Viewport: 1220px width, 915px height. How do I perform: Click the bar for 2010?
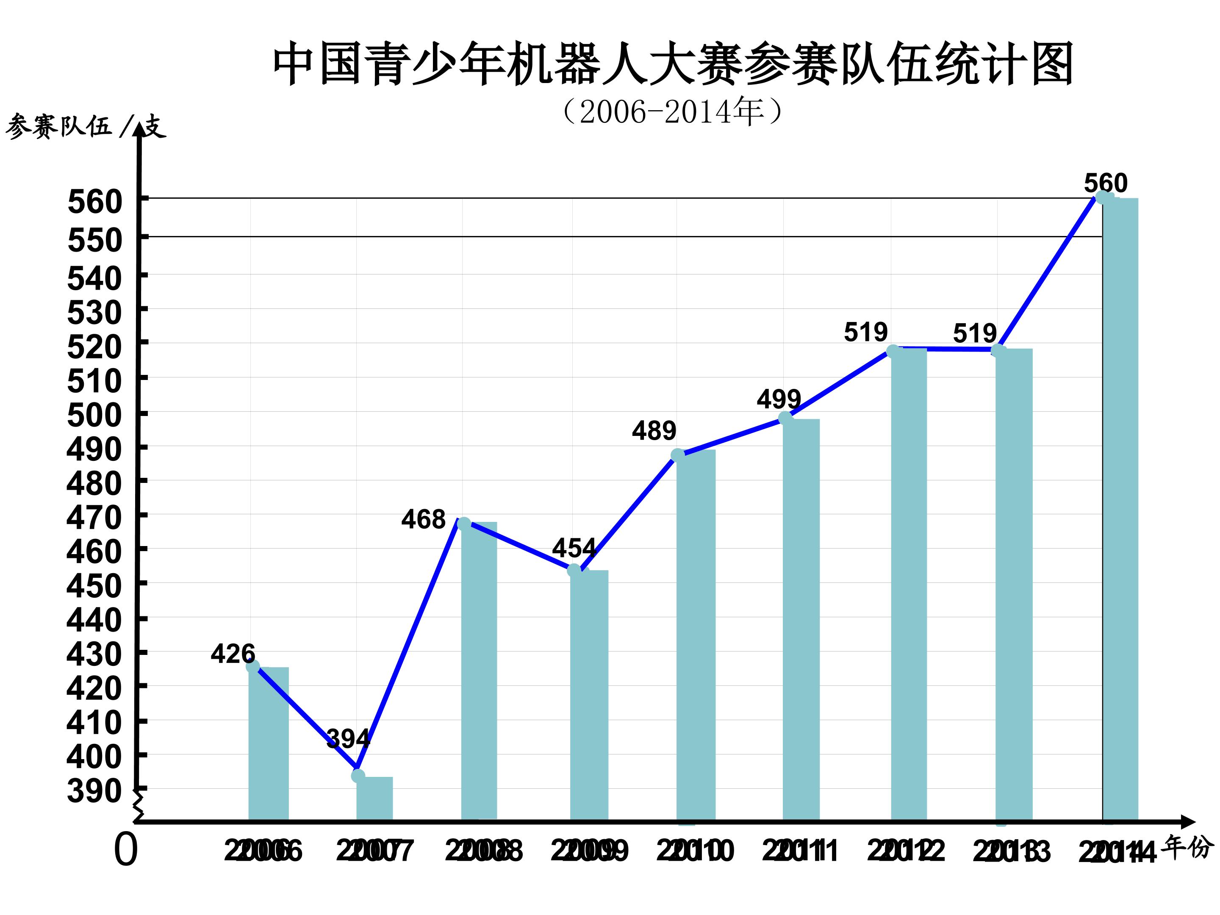point(696,634)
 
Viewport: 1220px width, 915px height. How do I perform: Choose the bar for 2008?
point(479,670)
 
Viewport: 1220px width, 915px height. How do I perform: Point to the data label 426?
point(233,654)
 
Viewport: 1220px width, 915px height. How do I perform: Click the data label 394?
point(348,738)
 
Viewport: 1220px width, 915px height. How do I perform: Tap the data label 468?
point(423,519)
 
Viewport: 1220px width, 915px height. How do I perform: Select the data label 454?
point(574,548)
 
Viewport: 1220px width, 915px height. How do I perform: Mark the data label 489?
point(654,431)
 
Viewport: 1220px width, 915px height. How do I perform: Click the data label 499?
point(779,399)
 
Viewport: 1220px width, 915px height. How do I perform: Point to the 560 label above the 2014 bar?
point(1106,183)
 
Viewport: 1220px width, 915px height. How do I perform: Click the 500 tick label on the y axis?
point(94,415)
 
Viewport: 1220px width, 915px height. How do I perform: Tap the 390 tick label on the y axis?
point(94,791)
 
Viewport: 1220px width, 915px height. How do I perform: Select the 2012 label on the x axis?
point(906,851)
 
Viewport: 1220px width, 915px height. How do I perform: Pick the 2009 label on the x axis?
point(589,851)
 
